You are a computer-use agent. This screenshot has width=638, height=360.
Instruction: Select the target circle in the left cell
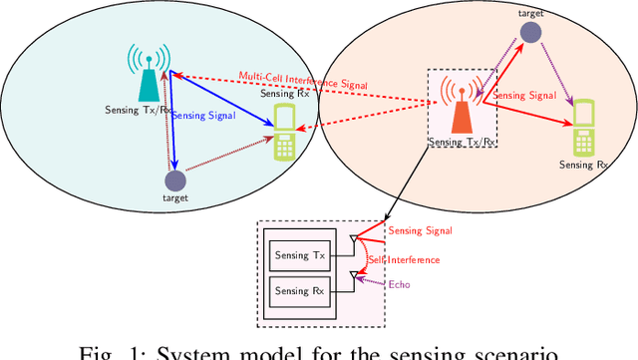coord(175,180)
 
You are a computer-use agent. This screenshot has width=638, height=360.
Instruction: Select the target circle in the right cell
coord(530,32)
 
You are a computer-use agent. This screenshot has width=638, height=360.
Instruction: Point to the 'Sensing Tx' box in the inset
coord(298,254)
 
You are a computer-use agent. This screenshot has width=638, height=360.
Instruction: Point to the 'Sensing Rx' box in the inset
coord(298,291)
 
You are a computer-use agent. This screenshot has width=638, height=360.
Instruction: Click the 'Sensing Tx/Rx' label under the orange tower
coord(462,143)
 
